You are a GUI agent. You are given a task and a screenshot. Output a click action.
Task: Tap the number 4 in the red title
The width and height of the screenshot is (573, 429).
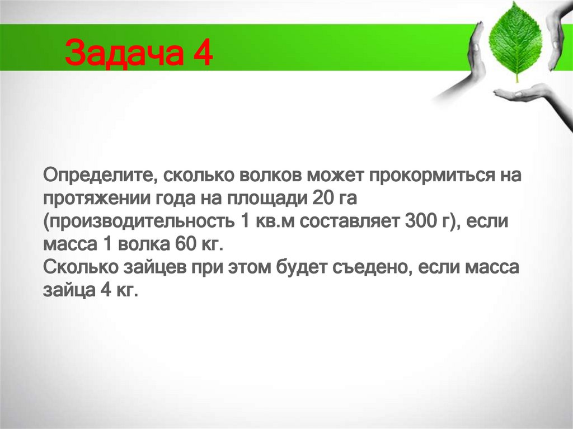tap(202, 55)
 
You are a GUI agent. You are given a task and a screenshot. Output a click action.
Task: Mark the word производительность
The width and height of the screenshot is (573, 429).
tap(137, 221)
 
